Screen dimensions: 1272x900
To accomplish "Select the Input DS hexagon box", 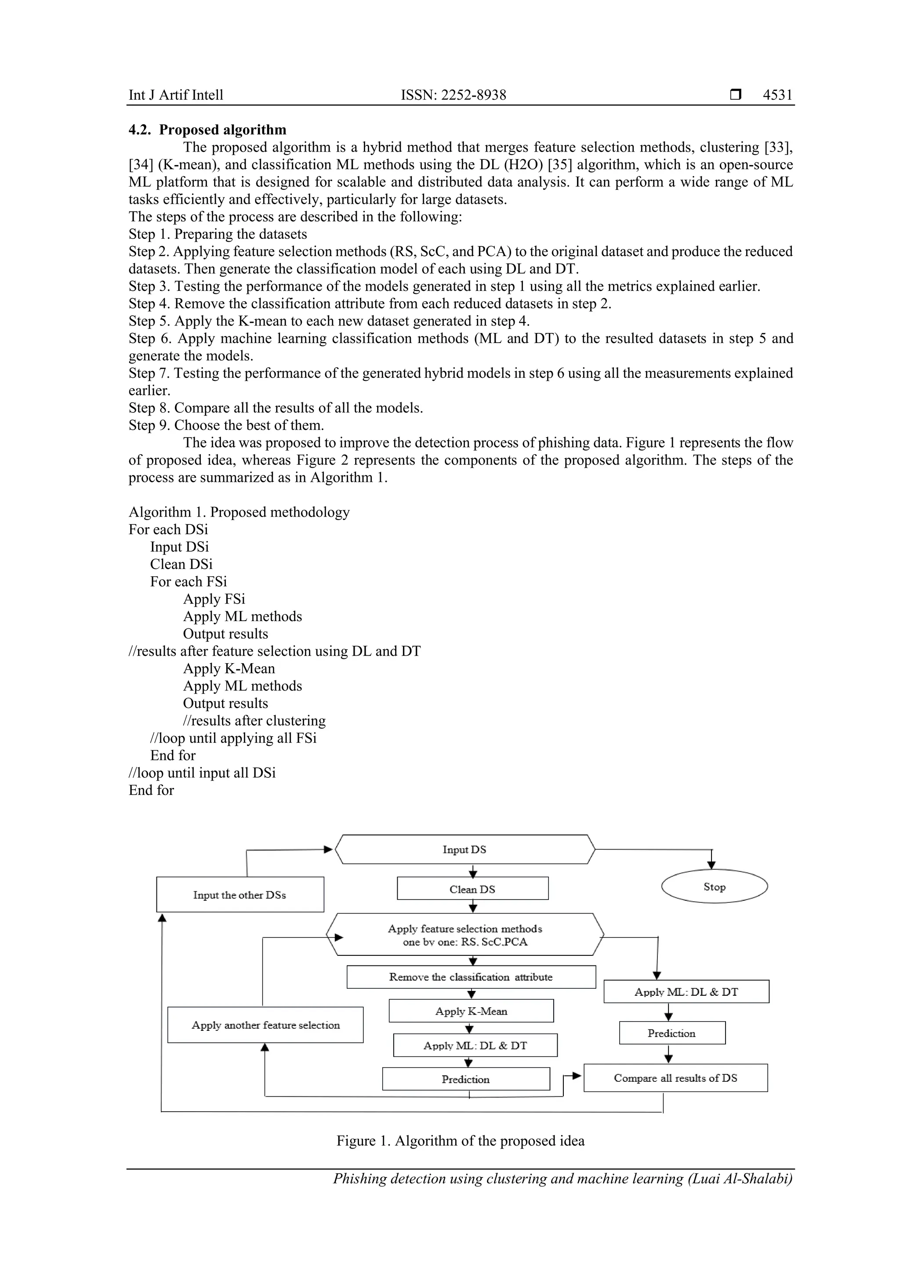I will click(x=465, y=849).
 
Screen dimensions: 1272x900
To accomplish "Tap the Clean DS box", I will click(x=472, y=889).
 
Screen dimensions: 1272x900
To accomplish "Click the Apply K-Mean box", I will click(x=471, y=1011).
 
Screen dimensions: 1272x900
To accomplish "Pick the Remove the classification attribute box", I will click(x=471, y=977).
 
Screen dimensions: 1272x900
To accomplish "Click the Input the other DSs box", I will click(x=240, y=895).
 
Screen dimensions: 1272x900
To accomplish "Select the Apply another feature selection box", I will click(x=265, y=1025).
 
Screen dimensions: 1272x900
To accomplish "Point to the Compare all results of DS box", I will click(x=675, y=1077).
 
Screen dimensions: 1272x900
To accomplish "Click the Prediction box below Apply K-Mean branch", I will click(x=465, y=1079).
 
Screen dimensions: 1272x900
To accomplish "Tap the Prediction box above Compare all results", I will click(x=671, y=1033).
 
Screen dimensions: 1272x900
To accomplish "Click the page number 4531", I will click(x=777, y=95).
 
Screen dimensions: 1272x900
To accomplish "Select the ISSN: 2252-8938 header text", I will click(x=454, y=95).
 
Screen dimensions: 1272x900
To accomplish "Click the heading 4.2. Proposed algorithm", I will click(x=207, y=130).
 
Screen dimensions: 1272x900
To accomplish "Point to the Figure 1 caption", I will click(x=460, y=1141).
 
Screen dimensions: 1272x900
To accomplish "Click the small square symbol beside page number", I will click(x=735, y=95).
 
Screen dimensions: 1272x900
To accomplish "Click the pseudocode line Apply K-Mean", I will click(x=229, y=668).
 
